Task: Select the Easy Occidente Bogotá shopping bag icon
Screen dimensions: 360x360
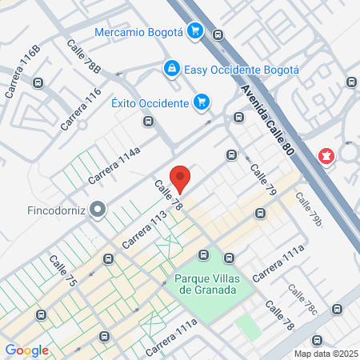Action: (171, 69)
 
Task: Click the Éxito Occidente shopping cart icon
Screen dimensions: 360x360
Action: (202, 102)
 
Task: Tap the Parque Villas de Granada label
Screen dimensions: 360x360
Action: (206, 285)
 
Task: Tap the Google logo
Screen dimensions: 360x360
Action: (26, 350)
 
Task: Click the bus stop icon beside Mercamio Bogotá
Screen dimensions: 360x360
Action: (218, 34)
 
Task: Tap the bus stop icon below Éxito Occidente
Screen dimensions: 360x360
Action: (148, 122)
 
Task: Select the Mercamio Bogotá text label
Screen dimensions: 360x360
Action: (139, 32)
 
